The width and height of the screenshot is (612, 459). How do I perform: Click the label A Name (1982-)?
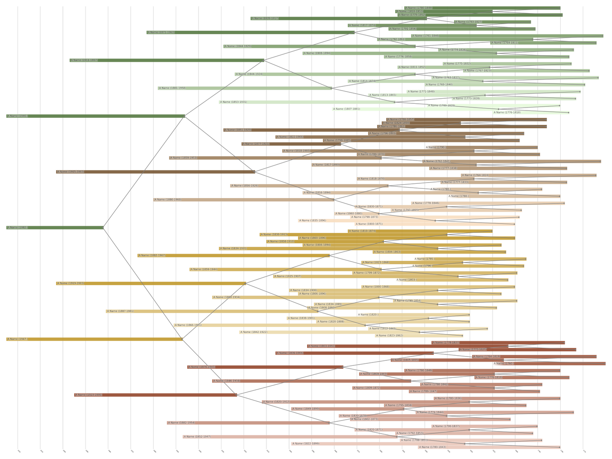17,227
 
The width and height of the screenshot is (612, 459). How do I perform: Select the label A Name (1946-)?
17,116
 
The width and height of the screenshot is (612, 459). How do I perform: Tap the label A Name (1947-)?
17,339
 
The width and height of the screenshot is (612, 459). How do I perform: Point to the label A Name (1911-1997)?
84,60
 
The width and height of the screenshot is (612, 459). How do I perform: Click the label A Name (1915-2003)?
70,172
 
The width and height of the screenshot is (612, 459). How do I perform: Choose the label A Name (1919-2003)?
70,283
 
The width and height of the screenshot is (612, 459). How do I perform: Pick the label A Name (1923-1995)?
89,395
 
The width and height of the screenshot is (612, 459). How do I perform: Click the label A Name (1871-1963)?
161,32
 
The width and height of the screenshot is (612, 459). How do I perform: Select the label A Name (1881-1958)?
172,88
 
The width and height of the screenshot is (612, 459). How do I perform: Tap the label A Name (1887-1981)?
120,311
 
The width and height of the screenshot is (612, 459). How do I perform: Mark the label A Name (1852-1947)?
197,437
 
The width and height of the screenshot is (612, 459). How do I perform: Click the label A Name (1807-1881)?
346,109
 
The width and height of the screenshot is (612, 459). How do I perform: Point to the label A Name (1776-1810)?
507,113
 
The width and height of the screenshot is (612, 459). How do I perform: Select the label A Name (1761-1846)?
426,36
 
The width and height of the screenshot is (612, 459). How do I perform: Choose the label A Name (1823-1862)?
389,336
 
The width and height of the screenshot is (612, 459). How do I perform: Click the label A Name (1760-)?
504,364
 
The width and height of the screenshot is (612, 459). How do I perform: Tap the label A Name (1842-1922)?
254,332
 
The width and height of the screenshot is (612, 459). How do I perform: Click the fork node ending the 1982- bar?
103,227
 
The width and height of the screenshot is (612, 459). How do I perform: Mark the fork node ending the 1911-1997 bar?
264,60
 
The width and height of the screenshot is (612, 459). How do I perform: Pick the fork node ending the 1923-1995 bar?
237,395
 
